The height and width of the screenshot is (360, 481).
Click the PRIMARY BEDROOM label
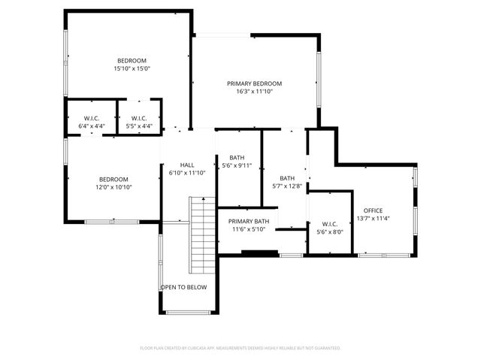click(255, 83)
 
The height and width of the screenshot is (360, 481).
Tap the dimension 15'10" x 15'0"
click(132, 68)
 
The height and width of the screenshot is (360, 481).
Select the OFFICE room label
click(373, 210)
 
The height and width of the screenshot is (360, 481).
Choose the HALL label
click(187, 165)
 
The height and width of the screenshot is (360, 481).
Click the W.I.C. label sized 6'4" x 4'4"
click(92, 118)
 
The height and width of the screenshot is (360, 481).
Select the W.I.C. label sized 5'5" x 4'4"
click(139, 118)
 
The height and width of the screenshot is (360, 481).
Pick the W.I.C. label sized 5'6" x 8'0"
click(330, 224)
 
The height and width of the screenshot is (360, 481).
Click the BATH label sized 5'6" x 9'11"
click(237, 158)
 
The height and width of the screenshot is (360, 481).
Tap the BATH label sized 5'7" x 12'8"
click(288, 178)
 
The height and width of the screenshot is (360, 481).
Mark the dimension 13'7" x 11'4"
click(373, 219)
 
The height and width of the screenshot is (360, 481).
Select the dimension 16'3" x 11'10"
click(255, 92)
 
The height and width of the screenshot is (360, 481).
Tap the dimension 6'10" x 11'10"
click(187, 173)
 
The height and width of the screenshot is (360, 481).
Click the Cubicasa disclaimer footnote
click(240, 348)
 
